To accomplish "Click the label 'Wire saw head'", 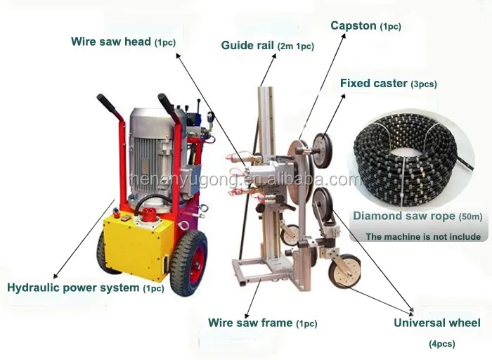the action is click(111, 41).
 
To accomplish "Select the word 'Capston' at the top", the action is click(354, 26).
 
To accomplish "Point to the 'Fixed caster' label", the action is click(373, 84).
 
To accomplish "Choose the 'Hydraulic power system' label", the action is click(73, 288).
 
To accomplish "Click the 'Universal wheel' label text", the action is click(436, 323).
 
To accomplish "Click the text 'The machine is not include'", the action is click(423, 237).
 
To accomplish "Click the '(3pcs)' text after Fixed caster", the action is click(424, 84).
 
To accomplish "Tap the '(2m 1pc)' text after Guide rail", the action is click(297, 46).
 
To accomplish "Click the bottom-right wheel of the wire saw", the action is click(346, 271).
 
